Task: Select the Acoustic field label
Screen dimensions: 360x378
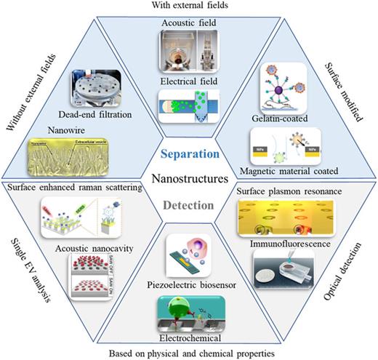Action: pos(189,23)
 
